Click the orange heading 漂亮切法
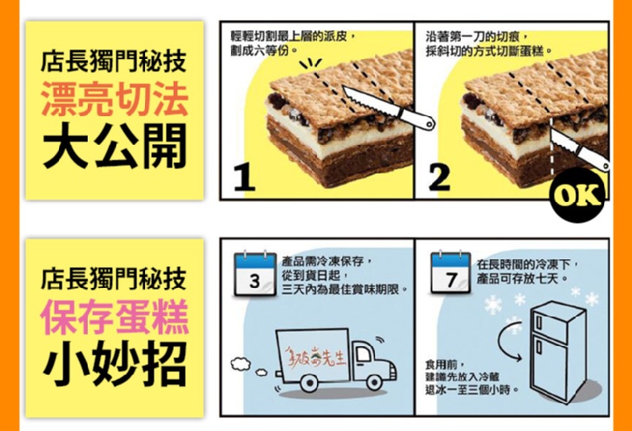pyautogui.click(x=115, y=99)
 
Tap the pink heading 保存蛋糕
pyautogui.click(x=115, y=317)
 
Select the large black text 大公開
pyautogui.click(x=115, y=146)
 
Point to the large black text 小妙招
pyautogui.click(x=115, y=363)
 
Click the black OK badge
pyautogui.click(x=577, y=195)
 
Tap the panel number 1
pyautogui.click(x=244, y=179)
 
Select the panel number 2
pyautogui.click(x=439, y=177)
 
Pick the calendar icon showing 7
pyautogui.click(x=451, y=272)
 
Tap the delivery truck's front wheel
pyautogui.click(x=374, y=382)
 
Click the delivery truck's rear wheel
pyautogui.click(x=310, y=382)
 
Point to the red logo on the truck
pyautogui.click(x=315, y=356)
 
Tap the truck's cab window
pyautogui.click(x=364, y=355)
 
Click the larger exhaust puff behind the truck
pyautogui.click(x=240, y=363)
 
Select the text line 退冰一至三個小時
pyautogui.click(x=472, y=390)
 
